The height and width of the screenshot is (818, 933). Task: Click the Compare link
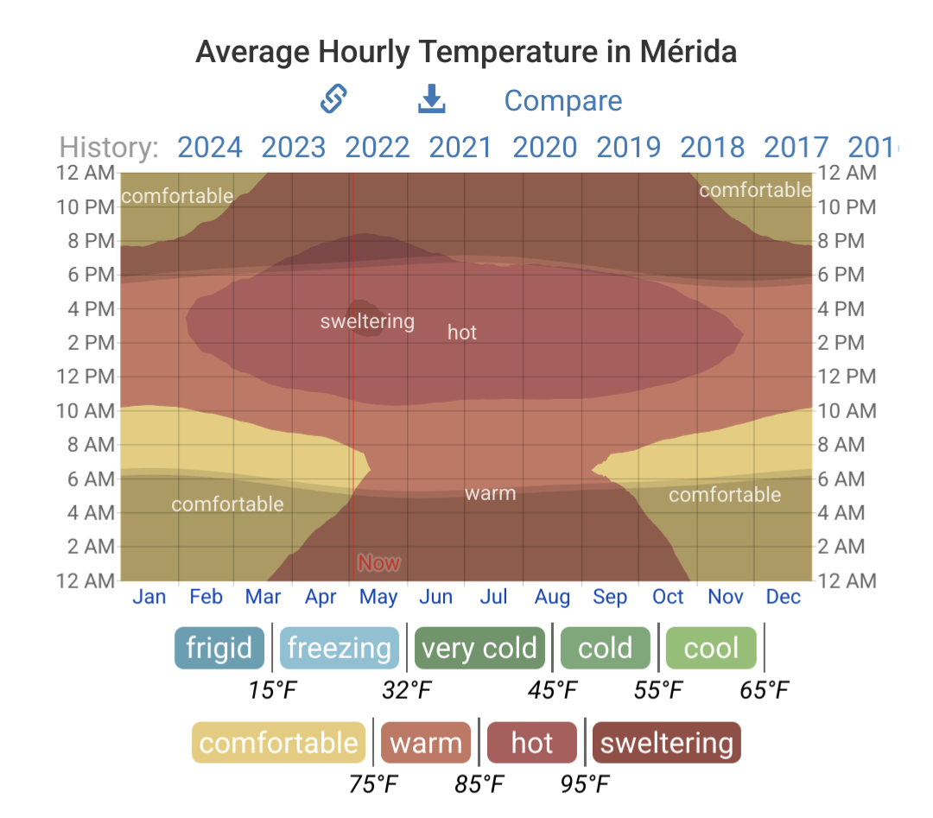(563, 100)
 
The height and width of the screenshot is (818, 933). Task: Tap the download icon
(431, 98)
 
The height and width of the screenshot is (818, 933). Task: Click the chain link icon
(333, 98)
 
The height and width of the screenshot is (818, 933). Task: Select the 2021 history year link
(460, 147)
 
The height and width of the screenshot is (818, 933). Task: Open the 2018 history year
(712, 147)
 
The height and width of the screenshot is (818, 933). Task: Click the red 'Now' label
(379, 562)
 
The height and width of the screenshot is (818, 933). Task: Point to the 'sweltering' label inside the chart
(367, 321)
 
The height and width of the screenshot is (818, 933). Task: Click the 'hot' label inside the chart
(462, 332)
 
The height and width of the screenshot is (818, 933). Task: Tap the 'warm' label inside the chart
(491, 493)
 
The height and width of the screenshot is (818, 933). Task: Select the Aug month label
(552, 597)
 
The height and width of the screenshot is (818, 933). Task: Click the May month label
(378, 597)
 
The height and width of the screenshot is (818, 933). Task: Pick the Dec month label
(783, 596)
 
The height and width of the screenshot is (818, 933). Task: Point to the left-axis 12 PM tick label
(86, 376)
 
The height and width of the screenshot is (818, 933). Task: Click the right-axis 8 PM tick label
(841, 240)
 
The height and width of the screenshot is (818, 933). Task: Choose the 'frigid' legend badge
(219, 648)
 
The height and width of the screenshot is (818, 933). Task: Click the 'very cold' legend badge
(479, 648)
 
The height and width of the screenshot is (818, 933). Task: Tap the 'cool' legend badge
(711, 648)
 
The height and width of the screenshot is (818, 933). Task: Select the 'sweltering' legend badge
(666, 743)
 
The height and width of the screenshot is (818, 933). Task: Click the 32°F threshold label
(407, 690)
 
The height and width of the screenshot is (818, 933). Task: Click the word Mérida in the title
(689, 51)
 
